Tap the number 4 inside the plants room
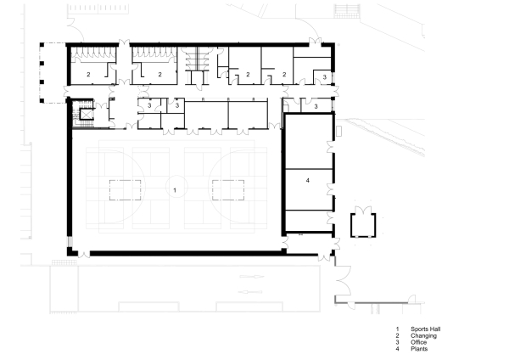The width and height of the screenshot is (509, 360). pos(309,182)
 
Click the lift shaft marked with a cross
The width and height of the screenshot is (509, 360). pos(85,113)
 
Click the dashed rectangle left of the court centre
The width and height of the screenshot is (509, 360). pos(124,188)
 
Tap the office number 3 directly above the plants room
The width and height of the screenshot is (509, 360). pos(316,107)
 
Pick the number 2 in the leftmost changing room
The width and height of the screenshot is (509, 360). pos(89,75)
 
